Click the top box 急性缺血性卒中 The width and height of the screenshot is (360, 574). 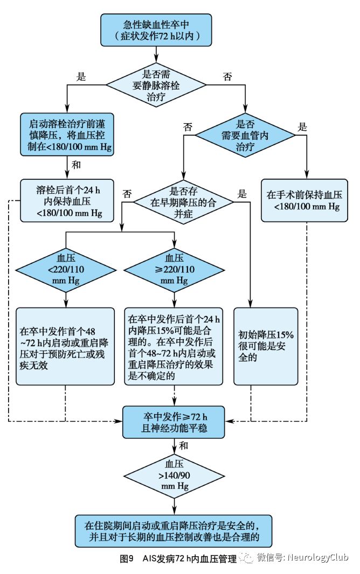[156, 30]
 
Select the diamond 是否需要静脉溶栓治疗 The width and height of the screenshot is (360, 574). [156, 83]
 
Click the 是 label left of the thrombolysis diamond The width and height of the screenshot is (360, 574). [81, 76]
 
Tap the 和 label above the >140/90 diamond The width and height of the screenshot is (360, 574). [184, 445]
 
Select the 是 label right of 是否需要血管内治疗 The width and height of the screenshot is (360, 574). [302, 128]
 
